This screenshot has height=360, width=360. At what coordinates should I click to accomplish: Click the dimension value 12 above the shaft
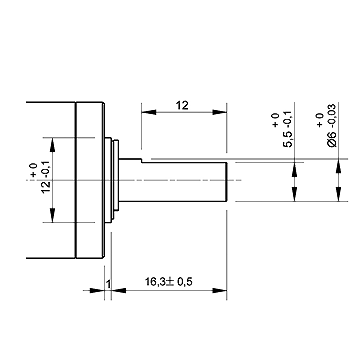click(x=182, y=105)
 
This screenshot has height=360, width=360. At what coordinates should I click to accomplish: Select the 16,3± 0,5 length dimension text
click(x=169, y=282)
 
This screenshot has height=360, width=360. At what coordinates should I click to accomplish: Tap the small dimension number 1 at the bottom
click(x=108, y=284)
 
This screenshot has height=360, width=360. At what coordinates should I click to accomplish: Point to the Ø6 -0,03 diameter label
click(x=333, y=125)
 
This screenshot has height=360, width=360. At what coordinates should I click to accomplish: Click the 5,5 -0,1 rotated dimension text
click(x=288, y=129)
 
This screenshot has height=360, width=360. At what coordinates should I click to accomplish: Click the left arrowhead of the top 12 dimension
click(x=149, y=112)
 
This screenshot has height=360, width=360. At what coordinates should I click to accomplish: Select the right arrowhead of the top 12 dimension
click(x=219, y=112)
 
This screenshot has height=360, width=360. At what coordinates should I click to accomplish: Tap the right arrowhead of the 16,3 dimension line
click(x=219, y=291)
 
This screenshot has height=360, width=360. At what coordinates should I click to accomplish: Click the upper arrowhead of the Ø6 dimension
click(x=339, y=166)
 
